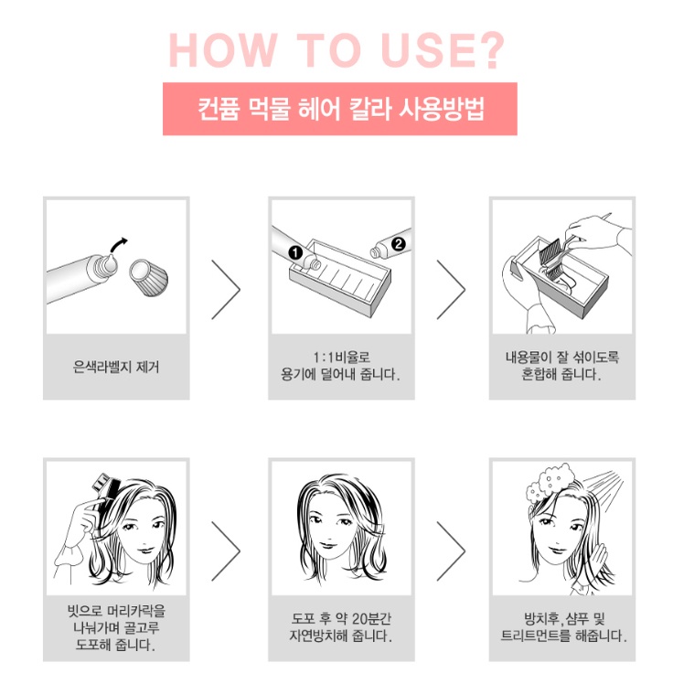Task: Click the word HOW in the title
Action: click(223, 49)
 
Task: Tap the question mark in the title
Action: click(490, 49)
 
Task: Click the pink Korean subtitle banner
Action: click(340, 109)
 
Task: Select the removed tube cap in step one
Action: click(148, 277)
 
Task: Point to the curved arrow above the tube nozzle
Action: click(119, 245)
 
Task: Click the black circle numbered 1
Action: click(295, 252)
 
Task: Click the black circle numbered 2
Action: click(399, 244)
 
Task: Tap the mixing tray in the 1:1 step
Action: click(340, 279)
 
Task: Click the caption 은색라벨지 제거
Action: click(116, 367)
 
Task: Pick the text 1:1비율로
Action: click(341, 358)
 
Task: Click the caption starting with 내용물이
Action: click(561, 366)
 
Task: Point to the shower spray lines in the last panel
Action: click(604, 484)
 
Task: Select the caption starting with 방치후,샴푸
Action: click(563, 627)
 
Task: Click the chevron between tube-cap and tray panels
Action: click(226, 290)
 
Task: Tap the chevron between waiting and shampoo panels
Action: click(451, 551)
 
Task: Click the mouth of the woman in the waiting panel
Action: click(329, 545)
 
